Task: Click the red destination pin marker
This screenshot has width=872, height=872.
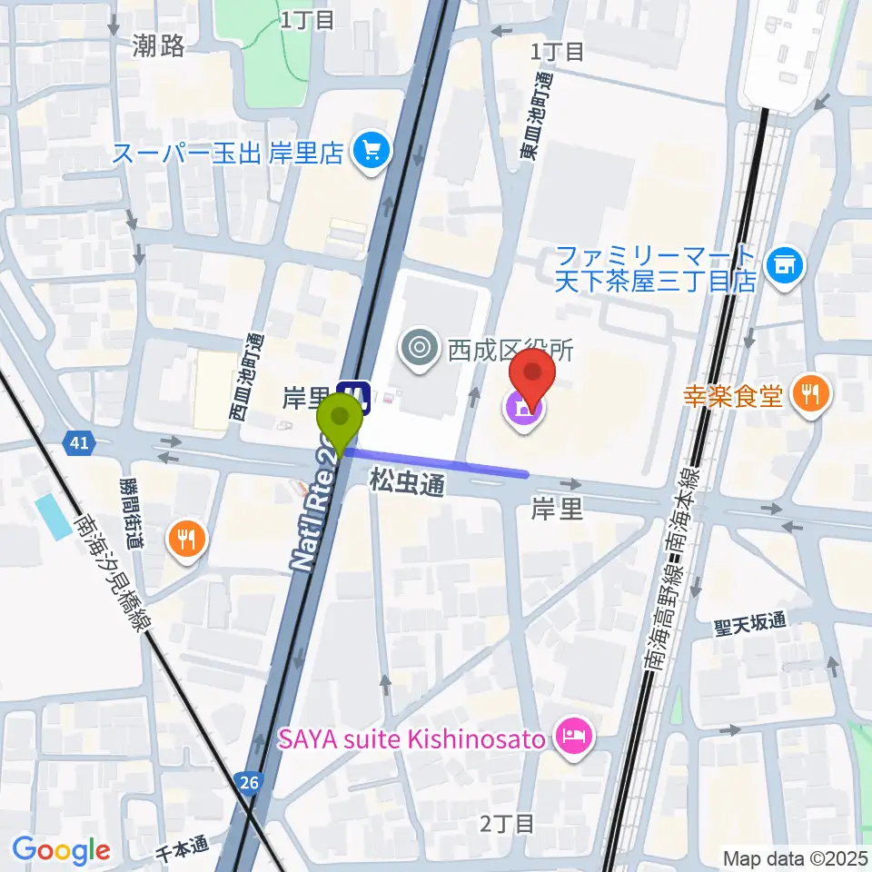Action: [x=533, y=377]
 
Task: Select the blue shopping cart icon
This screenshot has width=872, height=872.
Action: [x=371, y=149]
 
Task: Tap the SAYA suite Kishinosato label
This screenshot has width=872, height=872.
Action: [x=411, y=738]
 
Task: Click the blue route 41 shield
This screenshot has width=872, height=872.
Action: [x=79, y=443]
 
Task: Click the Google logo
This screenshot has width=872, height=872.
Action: [x=61, y=850]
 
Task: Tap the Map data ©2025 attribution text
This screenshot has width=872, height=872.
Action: [x=796, y=857]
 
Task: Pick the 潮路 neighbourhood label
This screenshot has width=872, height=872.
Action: [x=157, y=45]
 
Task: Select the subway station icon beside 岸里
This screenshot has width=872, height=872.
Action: [x=352, y=396]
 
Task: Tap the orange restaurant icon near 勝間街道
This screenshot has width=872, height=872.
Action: [x=187, y=541]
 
